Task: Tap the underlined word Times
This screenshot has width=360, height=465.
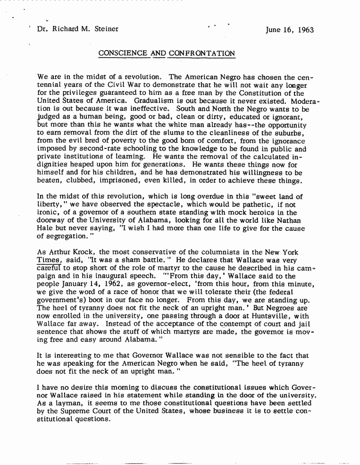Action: point(48,261)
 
